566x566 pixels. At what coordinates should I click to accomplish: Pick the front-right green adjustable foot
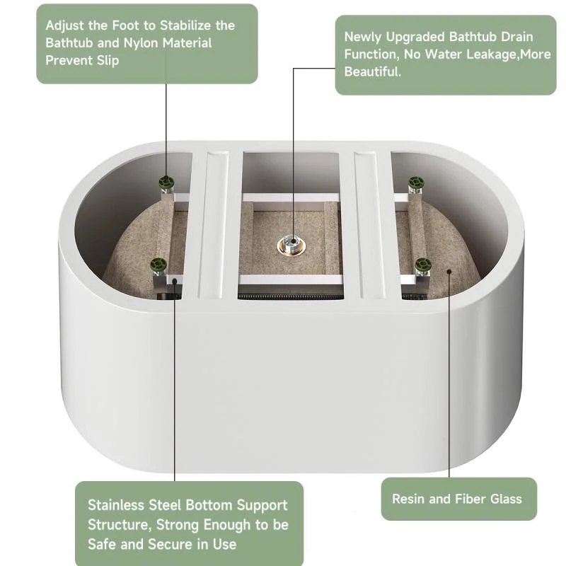(x=424, y=267)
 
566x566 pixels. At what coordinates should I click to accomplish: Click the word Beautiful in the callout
(x=372, y=72)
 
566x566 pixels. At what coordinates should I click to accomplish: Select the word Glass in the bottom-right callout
(x=504, y=499)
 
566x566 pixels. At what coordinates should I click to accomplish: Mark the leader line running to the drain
(x=293, y=141)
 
